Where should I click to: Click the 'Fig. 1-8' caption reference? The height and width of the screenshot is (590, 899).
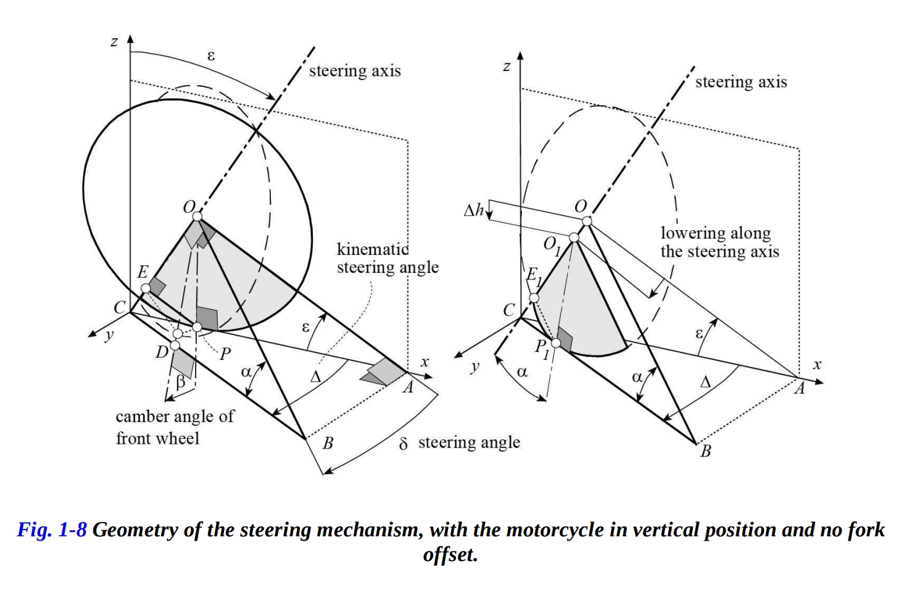52,530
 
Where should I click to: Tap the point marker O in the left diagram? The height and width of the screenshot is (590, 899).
197,217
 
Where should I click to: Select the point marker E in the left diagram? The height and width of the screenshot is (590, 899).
144,288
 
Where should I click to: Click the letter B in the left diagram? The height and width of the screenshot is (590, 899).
328,443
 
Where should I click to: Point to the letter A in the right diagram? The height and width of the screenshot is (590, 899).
799,389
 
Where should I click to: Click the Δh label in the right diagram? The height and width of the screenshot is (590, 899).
474,211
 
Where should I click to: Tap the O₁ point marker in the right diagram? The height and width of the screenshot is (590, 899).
574,238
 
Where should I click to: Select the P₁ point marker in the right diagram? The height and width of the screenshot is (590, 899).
556,343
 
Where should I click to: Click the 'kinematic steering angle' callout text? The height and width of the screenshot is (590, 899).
387,259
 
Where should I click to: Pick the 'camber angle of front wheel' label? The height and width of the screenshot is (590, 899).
175,427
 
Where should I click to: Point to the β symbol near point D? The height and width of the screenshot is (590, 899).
180,381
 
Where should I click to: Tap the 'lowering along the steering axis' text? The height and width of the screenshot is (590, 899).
719,242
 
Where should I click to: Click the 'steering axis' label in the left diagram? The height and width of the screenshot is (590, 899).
355,71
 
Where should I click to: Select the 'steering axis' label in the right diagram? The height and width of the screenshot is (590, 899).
740,82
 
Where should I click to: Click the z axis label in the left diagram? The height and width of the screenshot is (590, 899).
114,42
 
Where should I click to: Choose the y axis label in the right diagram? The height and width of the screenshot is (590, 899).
474,367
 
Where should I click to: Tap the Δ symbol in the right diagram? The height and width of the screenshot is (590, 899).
705,382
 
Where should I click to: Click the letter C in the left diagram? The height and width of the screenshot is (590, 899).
120,307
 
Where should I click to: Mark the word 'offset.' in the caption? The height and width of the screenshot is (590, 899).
450,554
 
